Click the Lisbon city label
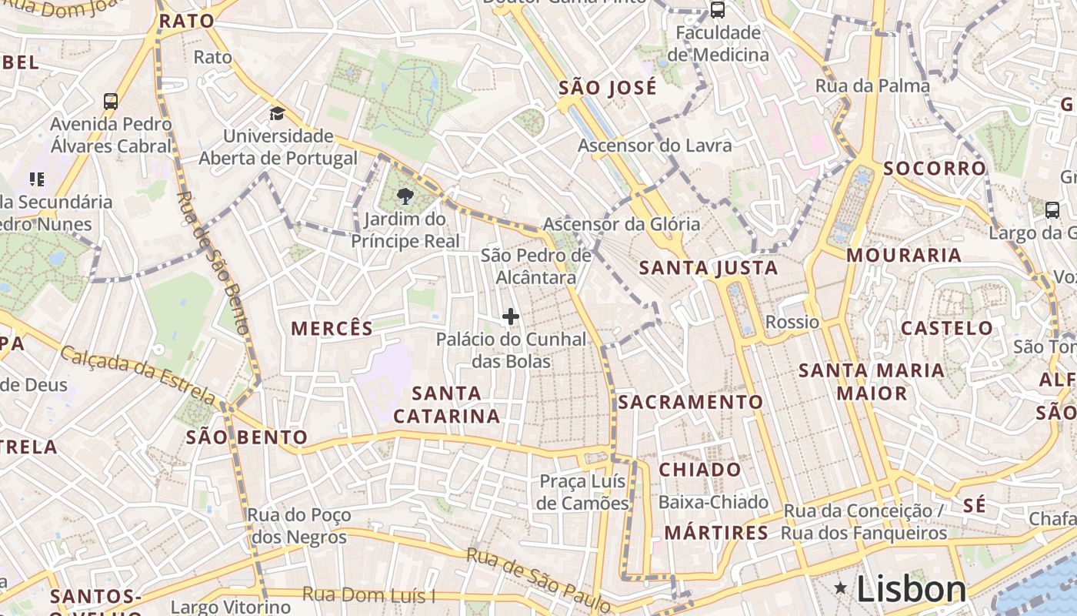click(x=911, y=590)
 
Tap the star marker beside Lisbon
click(x=842, y=589)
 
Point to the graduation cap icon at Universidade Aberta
click(x=277, y=114)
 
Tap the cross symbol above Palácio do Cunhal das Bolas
click(x=511, y=316)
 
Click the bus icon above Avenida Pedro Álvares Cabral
click(x=111, y=101)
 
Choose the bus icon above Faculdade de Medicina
click(x=717, y=10)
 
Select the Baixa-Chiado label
click(x=713, y=502)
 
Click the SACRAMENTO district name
click(x=690, y=402)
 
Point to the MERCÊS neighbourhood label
click(x=332, y=329)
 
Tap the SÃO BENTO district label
click(x=246, y=438)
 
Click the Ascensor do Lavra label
click(x=655, y=146)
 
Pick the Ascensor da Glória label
click(x=622, y=224)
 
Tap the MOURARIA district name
click(x=904, y=255)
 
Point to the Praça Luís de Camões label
click(x=583, y=492)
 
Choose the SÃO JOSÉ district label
click(x=608, y=88)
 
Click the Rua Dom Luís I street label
click(x=369, y=595)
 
